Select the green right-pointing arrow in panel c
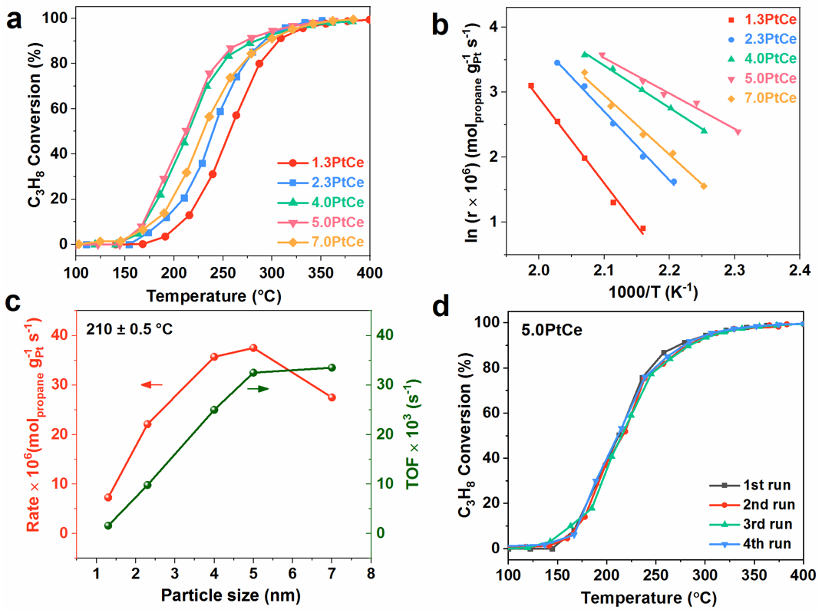(258, 389)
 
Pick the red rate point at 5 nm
(253, 348)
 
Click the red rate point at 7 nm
(332, 397)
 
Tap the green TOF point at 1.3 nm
(108, 526)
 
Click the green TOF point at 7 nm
(332, 367)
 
